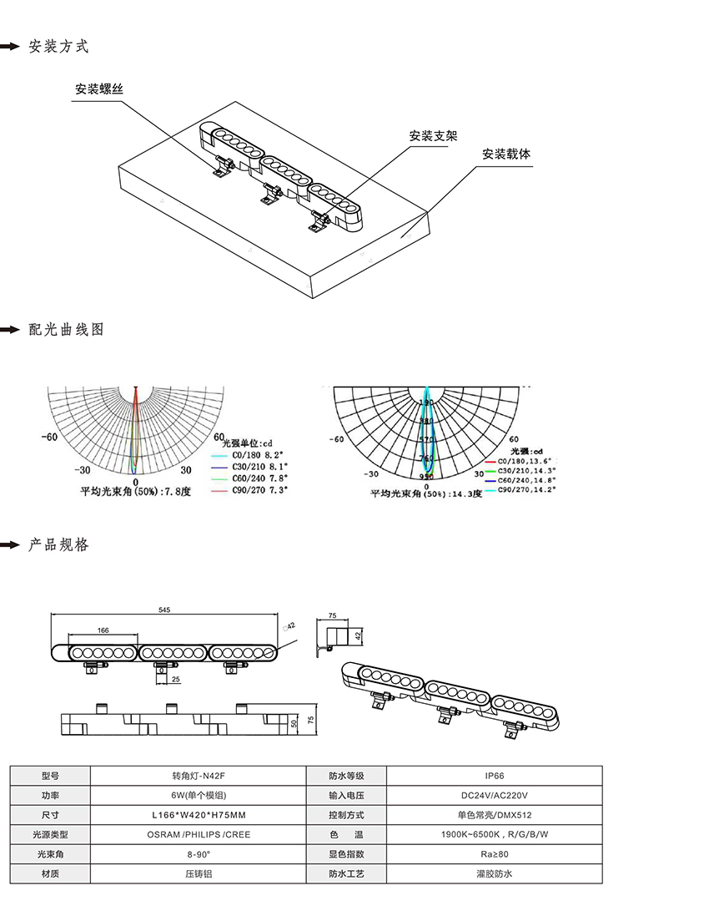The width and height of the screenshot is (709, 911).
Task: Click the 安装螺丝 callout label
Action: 99,89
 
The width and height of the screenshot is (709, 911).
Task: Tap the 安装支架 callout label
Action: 433,136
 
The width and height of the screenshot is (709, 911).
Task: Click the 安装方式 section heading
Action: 58,47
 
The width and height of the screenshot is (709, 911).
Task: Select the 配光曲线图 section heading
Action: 67,330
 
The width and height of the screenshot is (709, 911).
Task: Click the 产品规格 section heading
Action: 58,545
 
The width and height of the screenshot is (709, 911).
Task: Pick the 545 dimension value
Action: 164,610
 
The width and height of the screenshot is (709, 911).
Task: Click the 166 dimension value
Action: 103,630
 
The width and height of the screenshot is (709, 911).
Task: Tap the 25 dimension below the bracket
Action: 175,680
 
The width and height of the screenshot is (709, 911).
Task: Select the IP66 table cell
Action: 489,776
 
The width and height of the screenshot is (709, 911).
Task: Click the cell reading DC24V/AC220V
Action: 489,795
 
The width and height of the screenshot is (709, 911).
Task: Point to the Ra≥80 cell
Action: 489,854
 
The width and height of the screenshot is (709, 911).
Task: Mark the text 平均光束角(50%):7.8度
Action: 135,492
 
